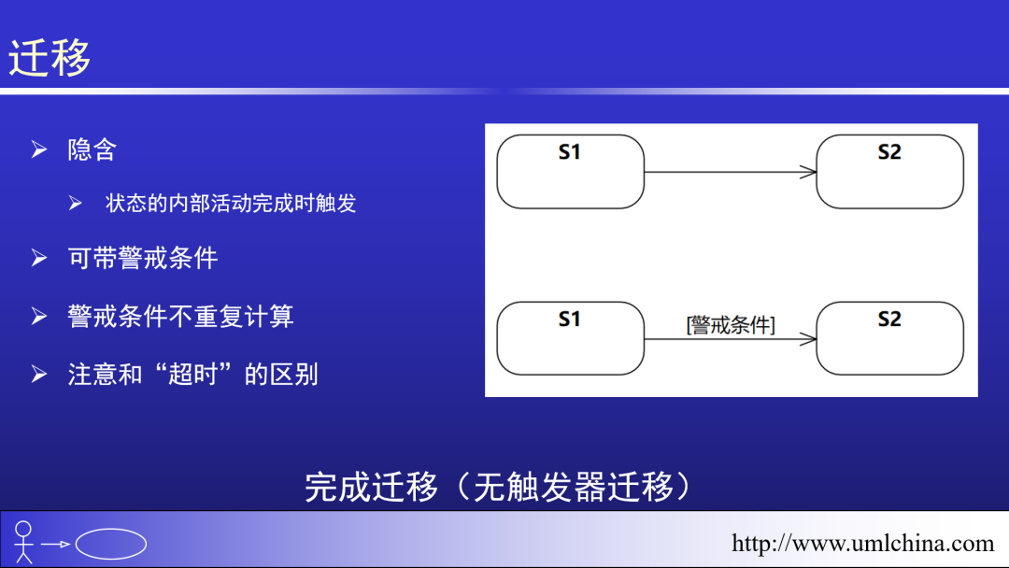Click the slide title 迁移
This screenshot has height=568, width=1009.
50,58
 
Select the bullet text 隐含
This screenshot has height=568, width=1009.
92,149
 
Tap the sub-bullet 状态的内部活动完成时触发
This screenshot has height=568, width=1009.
231,204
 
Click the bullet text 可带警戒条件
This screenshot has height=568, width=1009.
142,259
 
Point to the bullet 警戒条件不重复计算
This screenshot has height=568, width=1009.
180,317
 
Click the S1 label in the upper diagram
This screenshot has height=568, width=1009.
570,152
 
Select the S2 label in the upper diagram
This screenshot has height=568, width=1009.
889,152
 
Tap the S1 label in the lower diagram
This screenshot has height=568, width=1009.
570,319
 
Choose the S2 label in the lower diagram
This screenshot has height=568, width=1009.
889,319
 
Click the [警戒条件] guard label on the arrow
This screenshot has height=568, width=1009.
731,325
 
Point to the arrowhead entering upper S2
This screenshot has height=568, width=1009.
810,172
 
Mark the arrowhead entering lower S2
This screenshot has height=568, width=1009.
810,340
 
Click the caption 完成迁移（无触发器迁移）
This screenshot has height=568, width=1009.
501,488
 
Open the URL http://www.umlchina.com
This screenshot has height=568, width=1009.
862,543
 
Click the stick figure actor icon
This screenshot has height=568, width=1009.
23,542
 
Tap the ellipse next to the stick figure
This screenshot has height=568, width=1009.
111,544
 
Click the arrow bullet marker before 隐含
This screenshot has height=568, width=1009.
38,149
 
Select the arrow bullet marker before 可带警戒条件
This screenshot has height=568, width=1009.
38,259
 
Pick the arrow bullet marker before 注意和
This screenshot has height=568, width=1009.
38,375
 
